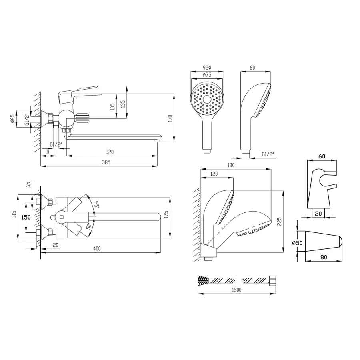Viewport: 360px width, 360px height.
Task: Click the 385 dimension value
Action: click(106, 162)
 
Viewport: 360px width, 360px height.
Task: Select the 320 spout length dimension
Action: click(110, 152)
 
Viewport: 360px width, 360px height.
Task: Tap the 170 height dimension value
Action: click(170, 118)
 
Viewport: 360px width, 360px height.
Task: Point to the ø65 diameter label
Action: click(13, 119)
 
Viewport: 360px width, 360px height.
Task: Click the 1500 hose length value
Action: click(236, 290)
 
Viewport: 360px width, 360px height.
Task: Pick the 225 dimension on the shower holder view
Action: click(279, 221)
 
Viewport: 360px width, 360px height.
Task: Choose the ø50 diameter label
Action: click(297, 243)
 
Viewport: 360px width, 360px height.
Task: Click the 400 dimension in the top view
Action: click(97, 248)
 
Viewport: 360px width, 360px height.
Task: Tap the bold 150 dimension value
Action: click(26, 217)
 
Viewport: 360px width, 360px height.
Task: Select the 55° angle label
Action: click(97, 204)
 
